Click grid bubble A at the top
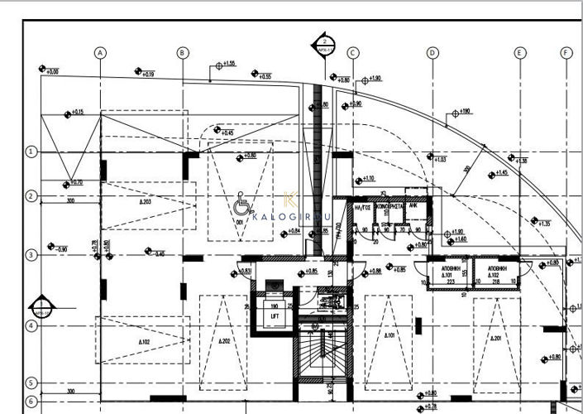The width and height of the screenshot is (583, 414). point(100,52)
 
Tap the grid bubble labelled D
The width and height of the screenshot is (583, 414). point(432,52)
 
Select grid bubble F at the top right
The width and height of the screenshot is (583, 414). point(566,52)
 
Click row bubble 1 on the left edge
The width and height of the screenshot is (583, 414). point(31,152)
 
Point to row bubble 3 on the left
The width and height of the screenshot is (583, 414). point(31,255)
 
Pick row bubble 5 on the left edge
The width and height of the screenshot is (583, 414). point(31,383)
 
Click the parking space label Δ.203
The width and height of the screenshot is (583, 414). point(145,202)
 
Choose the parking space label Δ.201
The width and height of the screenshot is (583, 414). point(495,339)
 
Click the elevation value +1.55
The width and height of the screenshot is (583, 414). point(228,64)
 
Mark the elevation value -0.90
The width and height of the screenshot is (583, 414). point(61,248)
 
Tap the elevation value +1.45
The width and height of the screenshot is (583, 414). point(501,173)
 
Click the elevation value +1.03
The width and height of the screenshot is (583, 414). point(439,159)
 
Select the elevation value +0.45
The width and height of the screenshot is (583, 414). point(227,132)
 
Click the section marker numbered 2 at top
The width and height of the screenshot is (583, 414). point(324,43)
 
